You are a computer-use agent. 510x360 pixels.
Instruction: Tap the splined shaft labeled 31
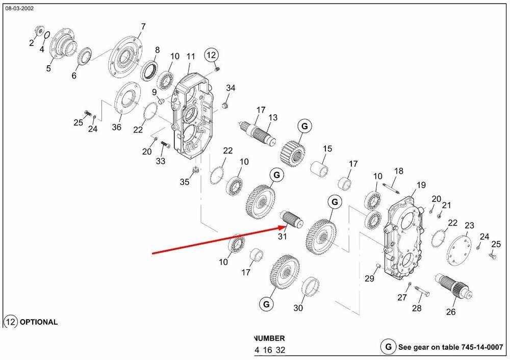coord(292,219)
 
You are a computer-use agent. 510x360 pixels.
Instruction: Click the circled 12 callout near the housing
coord(212,55)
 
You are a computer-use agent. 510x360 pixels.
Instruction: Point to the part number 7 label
coord(143,27)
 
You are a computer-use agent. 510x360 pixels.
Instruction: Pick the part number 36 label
coord(117,127)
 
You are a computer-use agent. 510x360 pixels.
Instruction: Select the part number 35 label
coord(184,182)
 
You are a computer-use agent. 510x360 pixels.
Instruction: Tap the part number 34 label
coord(231,88)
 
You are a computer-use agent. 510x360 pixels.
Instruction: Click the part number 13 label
coord(273,118)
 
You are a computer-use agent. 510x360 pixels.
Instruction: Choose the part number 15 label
coord(327,148)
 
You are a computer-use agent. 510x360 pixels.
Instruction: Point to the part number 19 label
coord(421,185)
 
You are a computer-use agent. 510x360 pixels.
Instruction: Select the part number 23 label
coord(469,225)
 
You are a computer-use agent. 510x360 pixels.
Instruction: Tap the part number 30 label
coord(298,308)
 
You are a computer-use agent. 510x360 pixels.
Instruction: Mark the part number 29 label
coord(369,278)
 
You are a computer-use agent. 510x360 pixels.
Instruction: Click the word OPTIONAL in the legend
coord(38,322)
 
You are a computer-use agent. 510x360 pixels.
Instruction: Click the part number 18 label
coord(399,171)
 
